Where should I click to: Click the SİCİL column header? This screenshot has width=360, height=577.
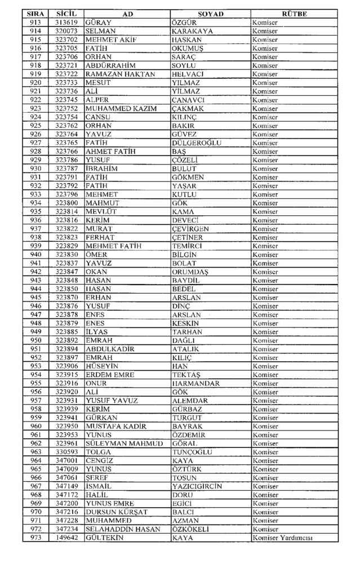(66, 14)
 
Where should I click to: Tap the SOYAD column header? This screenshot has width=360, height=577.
(211, 14)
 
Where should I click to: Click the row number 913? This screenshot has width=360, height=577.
(35, 23)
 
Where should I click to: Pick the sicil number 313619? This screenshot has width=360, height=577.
(66, 23)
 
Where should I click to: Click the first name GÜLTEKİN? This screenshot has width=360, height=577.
(105, 538)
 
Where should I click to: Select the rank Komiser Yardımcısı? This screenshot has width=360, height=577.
(282, 538)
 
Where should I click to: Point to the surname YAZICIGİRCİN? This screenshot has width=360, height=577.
(197, 486)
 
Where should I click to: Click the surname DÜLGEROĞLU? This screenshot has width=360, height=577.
(197, 143)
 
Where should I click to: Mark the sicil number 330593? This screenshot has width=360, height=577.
(66, 452)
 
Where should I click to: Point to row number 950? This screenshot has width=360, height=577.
(35, 340)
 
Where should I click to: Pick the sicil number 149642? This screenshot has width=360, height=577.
(66, 538)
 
